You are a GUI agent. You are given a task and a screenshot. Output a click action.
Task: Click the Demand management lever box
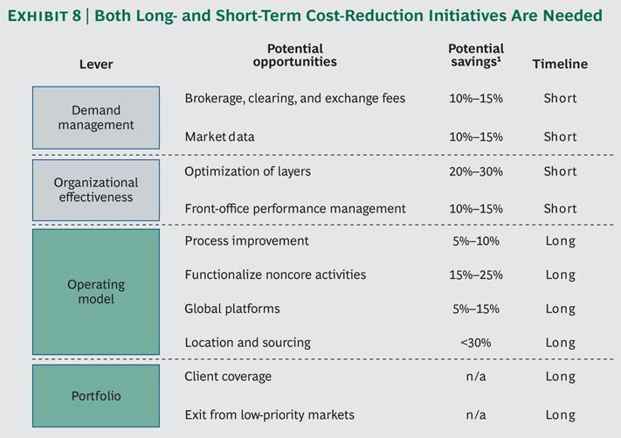[x=96, y=118]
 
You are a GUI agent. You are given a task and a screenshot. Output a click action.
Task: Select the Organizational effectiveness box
[x=96, y=190]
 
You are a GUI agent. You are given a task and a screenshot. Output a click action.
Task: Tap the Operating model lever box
[x=96, y=292]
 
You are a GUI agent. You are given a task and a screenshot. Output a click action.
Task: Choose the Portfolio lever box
[x=96, y=395]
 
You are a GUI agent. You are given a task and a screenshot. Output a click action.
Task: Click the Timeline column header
[x=560, y=64]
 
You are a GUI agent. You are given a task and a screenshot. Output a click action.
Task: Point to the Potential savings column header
[x=476, y=55]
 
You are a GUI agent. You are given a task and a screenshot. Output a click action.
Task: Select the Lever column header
[x=96, y=64]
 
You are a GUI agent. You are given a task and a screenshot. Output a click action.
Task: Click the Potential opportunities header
[x=295, y=55]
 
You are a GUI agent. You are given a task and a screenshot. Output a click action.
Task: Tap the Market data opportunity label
[x=219, y=136]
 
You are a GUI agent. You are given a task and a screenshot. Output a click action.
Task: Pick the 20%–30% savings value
[x=476, y=171]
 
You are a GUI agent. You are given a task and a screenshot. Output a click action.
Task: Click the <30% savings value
[x=476, y=343]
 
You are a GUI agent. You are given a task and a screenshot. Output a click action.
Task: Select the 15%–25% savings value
[x=476, y=275]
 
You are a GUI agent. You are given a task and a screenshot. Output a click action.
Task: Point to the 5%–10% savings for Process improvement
[x=476, y=241]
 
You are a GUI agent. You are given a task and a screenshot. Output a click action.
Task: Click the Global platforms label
[x=232, y=309]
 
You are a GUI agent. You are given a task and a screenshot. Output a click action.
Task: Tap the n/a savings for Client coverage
[x=476, y=376]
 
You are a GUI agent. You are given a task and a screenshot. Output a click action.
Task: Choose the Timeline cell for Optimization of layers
[x=560, y=171]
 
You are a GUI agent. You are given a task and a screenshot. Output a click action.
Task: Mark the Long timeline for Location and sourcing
[x=560, y=343]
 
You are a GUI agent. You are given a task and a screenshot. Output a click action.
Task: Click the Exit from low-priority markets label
[x=269, y=414]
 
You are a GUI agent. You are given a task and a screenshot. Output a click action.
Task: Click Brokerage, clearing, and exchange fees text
[x=295, y=98]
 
